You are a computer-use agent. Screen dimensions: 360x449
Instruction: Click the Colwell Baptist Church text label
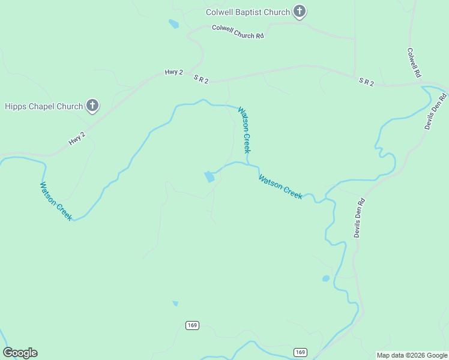[x=247, y=12]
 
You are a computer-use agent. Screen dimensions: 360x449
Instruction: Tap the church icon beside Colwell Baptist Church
[x=300, y=12]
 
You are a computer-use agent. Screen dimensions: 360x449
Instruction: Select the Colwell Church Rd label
[x=238, y=32]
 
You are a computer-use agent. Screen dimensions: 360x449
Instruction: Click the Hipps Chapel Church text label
[x=44, y=107]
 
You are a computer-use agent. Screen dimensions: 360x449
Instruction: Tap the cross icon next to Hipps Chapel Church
[x=92, y=106]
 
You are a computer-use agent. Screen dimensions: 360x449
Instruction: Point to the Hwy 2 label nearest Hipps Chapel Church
[x=77, y=139]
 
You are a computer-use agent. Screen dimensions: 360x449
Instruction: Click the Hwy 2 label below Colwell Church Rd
[x=173, y=73]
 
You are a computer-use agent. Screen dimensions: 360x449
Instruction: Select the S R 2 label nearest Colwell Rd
[x=366, y=82]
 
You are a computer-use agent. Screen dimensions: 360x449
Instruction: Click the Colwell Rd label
[x=414, y=63]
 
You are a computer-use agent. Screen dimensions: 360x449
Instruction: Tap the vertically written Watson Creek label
[x=244, y=130]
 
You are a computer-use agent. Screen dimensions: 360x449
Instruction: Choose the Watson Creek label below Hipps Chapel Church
[x=56, y=201]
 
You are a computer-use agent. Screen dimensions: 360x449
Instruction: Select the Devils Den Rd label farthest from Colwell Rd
[x=359, y=217]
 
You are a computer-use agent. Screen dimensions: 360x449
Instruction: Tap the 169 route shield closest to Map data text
[x=300, y=352]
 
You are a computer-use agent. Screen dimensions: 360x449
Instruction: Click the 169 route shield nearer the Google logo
[x=191, y=325]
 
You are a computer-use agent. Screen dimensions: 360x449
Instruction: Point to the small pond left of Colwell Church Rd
[x=174, y=24]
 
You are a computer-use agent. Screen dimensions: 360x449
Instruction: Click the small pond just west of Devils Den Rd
[x=326, y=278]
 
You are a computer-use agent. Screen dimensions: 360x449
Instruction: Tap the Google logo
[x=20, y=353]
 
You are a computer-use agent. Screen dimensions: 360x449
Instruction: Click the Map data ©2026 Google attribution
[x=412, y=355]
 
